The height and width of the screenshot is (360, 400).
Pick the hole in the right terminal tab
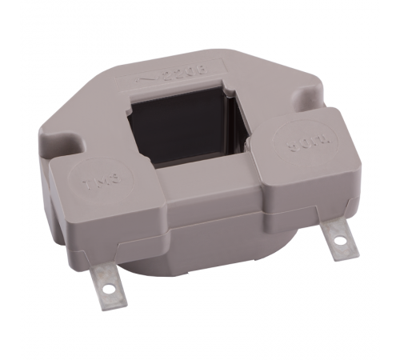tap(339, 238)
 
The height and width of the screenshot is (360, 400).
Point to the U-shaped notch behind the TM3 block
tap(72, 145)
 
